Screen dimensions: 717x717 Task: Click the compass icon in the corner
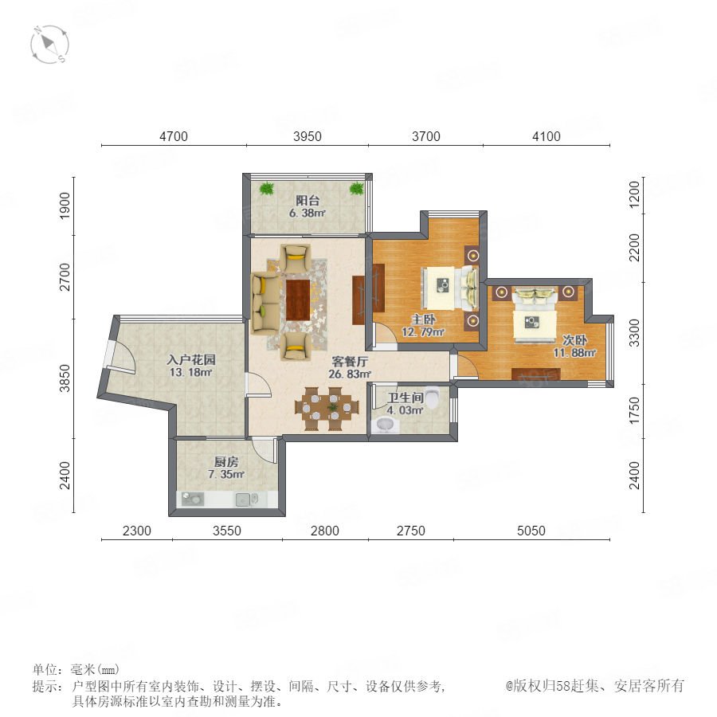tap(50, 45)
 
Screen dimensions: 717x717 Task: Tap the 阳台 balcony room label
tap(308, 200)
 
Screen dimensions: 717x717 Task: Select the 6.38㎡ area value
tap(307, 213)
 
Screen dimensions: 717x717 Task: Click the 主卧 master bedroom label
tap(423, 319)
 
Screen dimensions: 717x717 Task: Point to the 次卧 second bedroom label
tap(574, 340)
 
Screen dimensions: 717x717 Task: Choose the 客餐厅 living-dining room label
tap(350, 361)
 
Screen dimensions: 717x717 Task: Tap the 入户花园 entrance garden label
tap(190, 359)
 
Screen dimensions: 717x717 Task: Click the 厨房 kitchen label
tap(226, 462)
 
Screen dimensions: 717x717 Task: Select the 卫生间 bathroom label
tap(406, 398)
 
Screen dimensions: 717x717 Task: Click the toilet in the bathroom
tap(432, 398)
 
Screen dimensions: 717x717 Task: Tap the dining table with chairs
tap(326, 409)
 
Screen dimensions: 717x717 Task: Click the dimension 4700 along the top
tap(174, 136)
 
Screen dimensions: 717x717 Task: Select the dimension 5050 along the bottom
tap(531, 531)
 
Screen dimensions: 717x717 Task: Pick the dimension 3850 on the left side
tap(65, 378)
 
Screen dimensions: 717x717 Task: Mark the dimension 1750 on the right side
tap(634, 410)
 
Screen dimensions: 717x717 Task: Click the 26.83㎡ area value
tap(350, 374)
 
